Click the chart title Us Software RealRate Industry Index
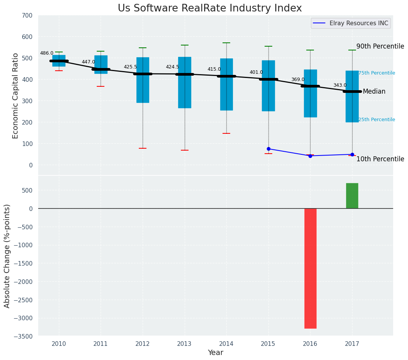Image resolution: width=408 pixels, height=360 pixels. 210,8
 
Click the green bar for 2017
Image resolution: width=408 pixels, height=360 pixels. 352,196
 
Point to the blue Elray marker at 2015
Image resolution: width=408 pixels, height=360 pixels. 268,149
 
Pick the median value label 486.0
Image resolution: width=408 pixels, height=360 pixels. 47,53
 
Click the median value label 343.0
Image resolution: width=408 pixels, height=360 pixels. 340,85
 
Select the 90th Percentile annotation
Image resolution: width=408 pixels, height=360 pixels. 380,46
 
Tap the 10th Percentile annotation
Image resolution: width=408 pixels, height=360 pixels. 380,159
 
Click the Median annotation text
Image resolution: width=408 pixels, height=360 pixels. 374,91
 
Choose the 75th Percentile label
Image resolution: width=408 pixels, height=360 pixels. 376,73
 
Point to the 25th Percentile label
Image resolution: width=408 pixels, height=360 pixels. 376,120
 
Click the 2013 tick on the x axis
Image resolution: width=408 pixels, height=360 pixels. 184,344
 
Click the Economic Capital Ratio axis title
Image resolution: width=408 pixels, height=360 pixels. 16,96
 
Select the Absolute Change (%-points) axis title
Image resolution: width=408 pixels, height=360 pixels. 7,256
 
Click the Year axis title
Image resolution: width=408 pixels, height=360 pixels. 215,352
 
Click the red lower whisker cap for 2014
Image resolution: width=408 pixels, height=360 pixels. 226,133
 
